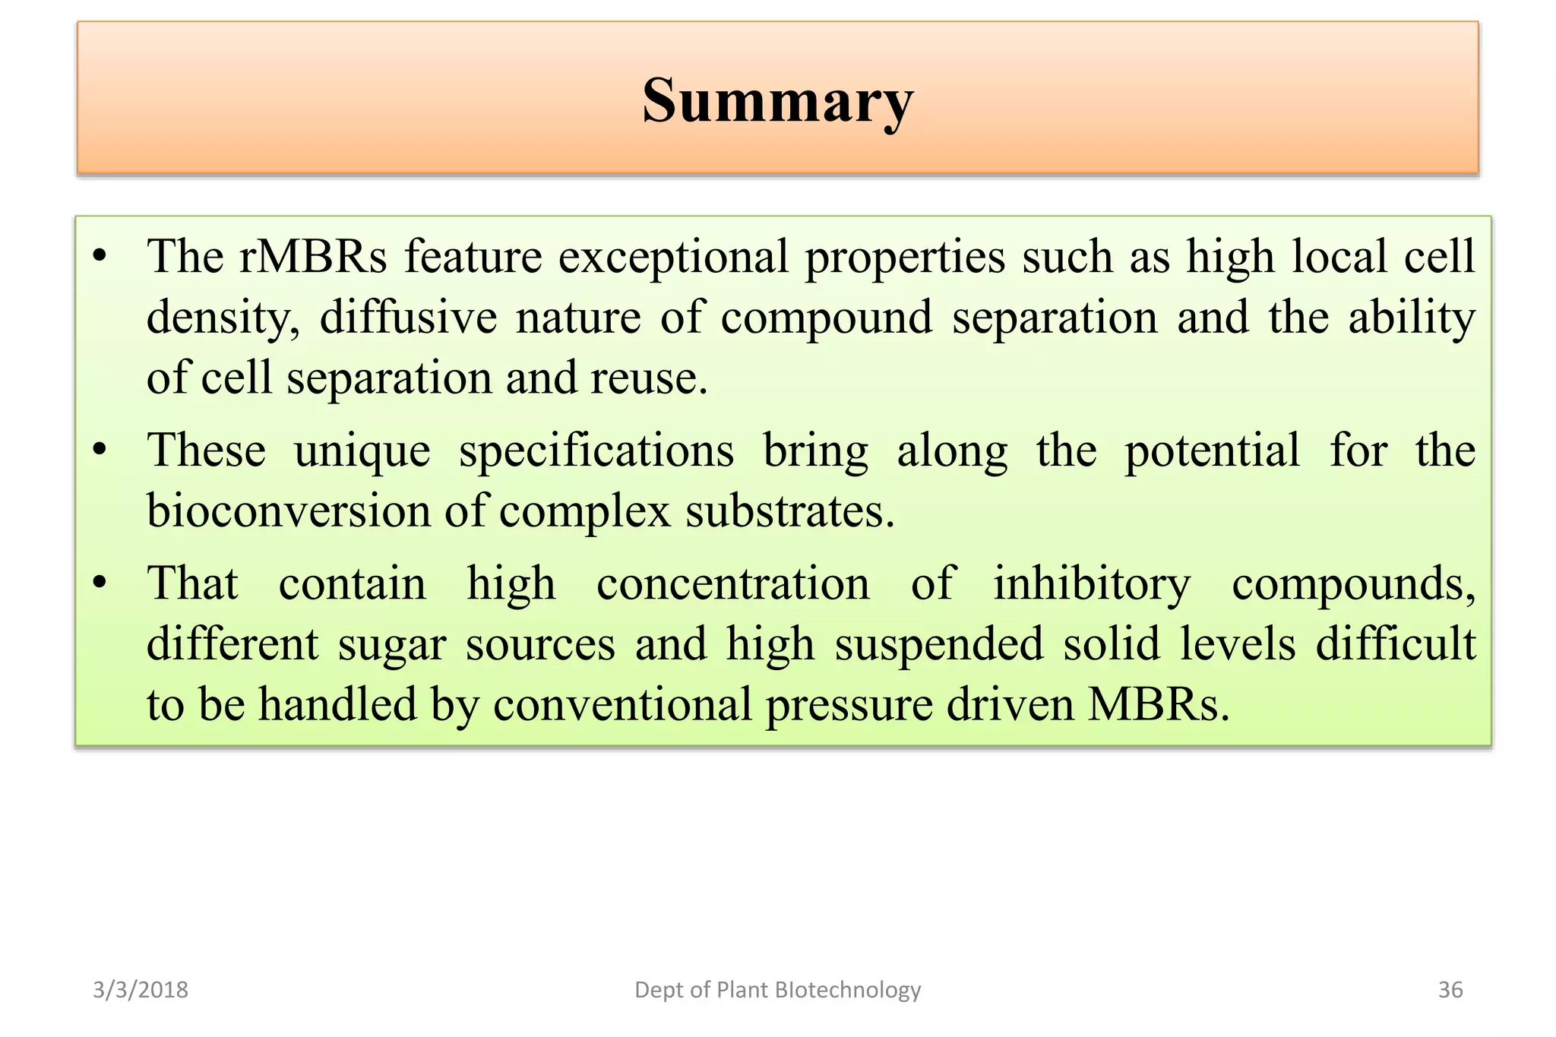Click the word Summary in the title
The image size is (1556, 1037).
coord(777,101)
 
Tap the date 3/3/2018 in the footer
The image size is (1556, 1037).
coord(141,989)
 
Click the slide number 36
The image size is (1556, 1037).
coord(1450,989)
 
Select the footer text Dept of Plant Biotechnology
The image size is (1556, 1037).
coord(777,989)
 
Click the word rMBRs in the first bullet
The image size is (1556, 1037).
coord(313,257)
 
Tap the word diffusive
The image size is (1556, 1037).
coord(408,318)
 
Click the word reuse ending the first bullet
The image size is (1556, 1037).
coord(648,378)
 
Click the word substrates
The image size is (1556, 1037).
coord(789,512)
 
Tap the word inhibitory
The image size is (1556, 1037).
coord(1092,585)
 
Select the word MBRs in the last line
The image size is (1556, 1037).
coord(1158,705)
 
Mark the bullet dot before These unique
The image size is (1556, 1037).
coord(99,450)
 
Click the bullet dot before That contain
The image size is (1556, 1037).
coord(99,583)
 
